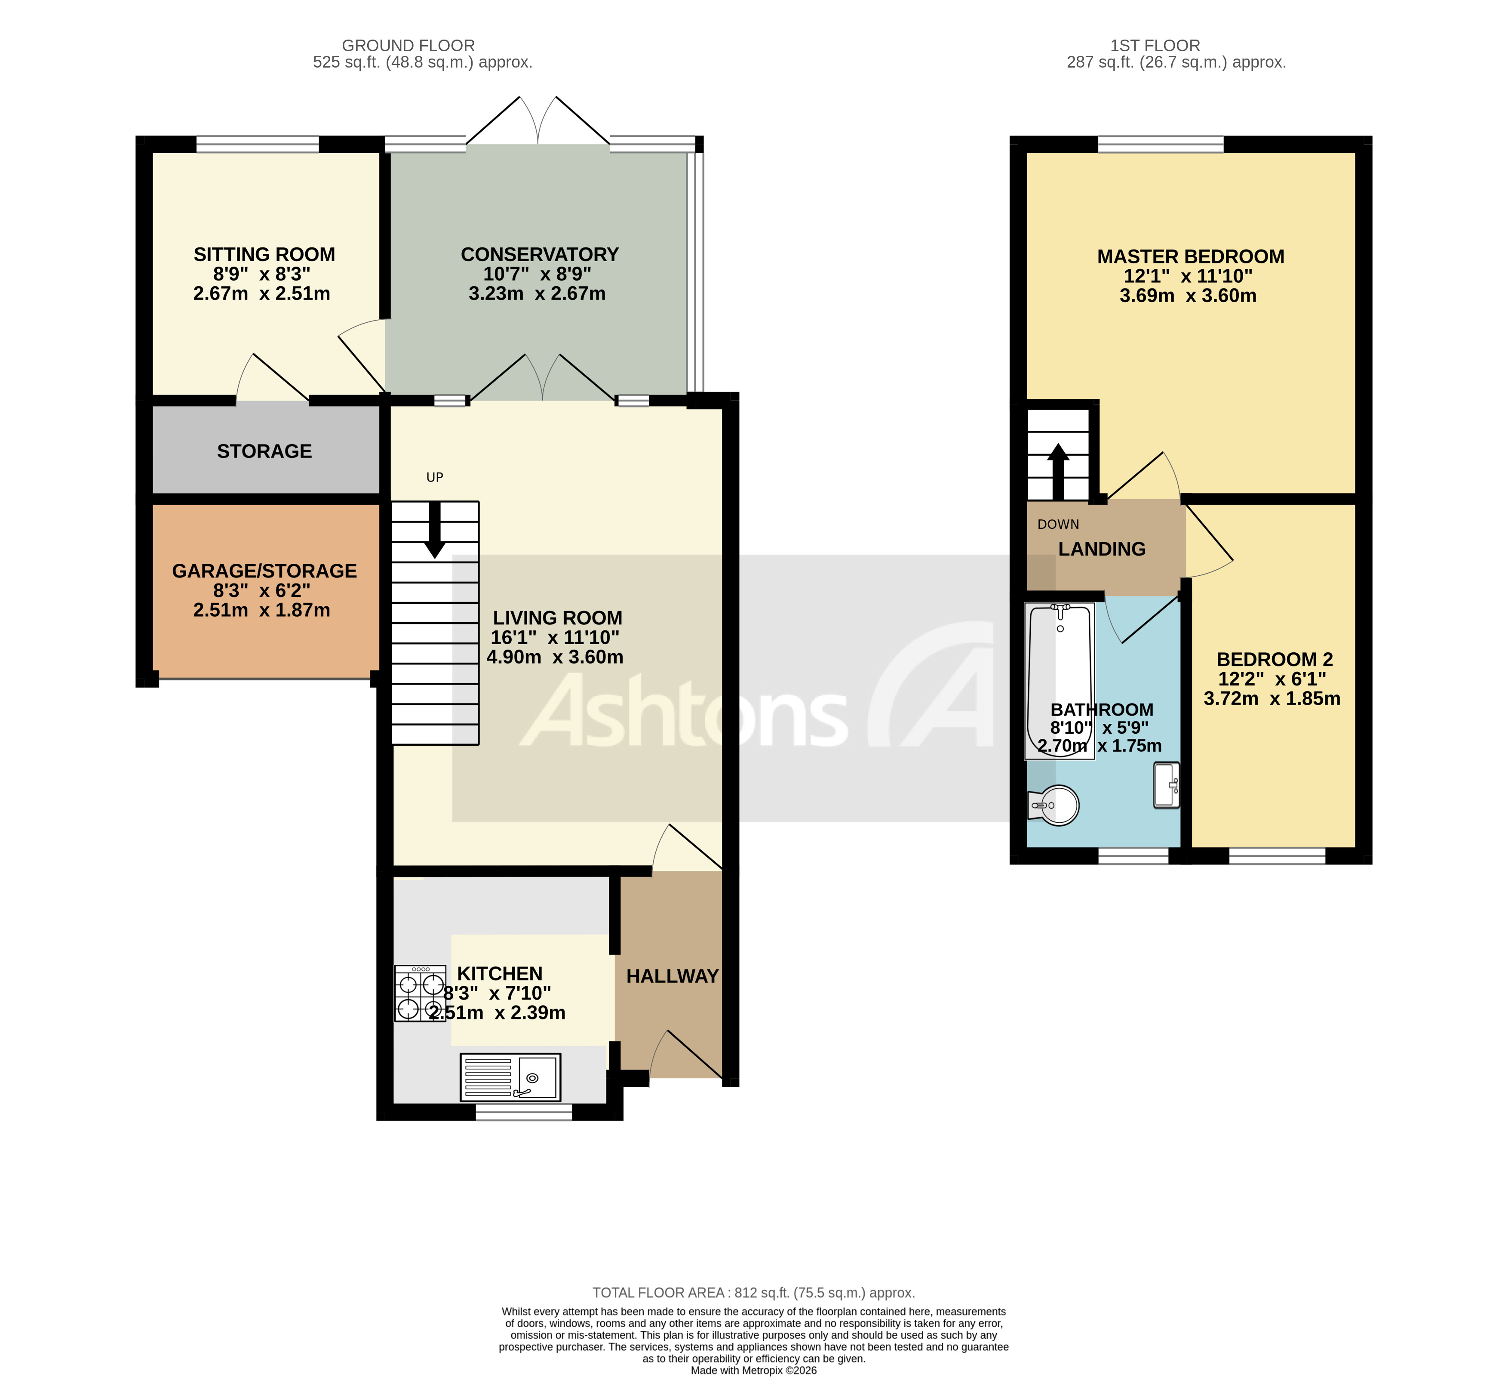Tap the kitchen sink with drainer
tap(510, 1078)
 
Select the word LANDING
tap(1102, 550)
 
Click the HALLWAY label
tap(672, 977)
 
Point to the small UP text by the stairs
tap(435, 478)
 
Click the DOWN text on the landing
tap(1058, 525)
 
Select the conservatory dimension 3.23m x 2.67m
tap(537, 294)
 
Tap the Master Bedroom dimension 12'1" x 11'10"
tap(1188, 276)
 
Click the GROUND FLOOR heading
tap(408, 46)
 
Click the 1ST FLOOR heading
tap(1155, 46)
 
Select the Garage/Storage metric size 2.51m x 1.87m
tap(262, 611)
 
